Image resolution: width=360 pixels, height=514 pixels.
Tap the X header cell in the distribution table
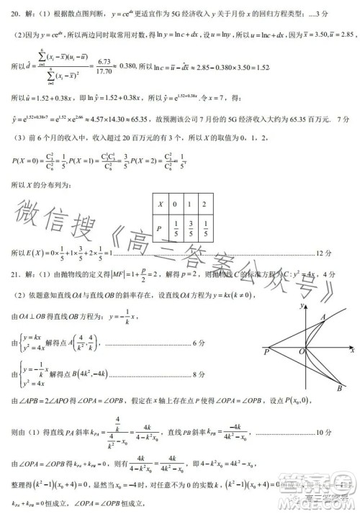(x=161, y=204)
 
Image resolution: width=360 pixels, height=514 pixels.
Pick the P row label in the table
(x=161, y=230)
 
